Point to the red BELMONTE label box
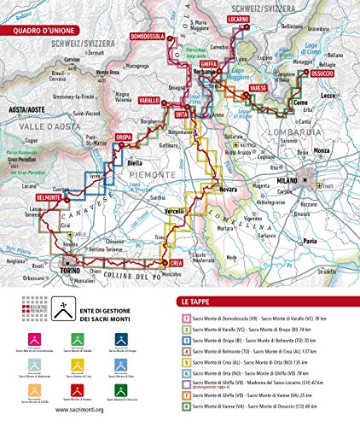[x=50, y=197]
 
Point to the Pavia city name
[x=313, y=244]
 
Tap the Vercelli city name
[x=173, y=211]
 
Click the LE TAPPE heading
[x=196, y=301]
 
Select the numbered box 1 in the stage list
[x=184, y=319]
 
